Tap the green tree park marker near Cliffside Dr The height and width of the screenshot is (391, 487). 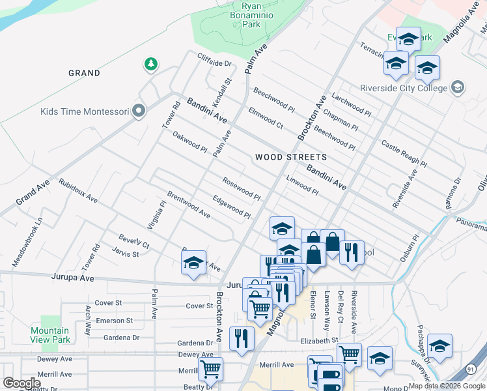coord(151,64)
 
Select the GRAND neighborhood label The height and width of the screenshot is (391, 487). coord(85,73)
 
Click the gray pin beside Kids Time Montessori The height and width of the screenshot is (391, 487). coord(138,111)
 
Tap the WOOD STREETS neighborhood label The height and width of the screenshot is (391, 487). coord(290,157)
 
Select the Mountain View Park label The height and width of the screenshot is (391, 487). coord(50,335)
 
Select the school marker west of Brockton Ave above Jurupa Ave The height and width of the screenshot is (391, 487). coord(193,263)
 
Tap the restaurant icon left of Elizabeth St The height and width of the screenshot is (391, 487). coord(242,338)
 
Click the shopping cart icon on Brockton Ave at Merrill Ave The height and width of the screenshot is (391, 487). coord(210,369)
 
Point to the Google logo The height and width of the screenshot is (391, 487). coord(21,383)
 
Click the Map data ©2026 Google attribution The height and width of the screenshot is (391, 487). coord(446,386)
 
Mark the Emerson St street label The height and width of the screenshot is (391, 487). coord(114,321)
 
